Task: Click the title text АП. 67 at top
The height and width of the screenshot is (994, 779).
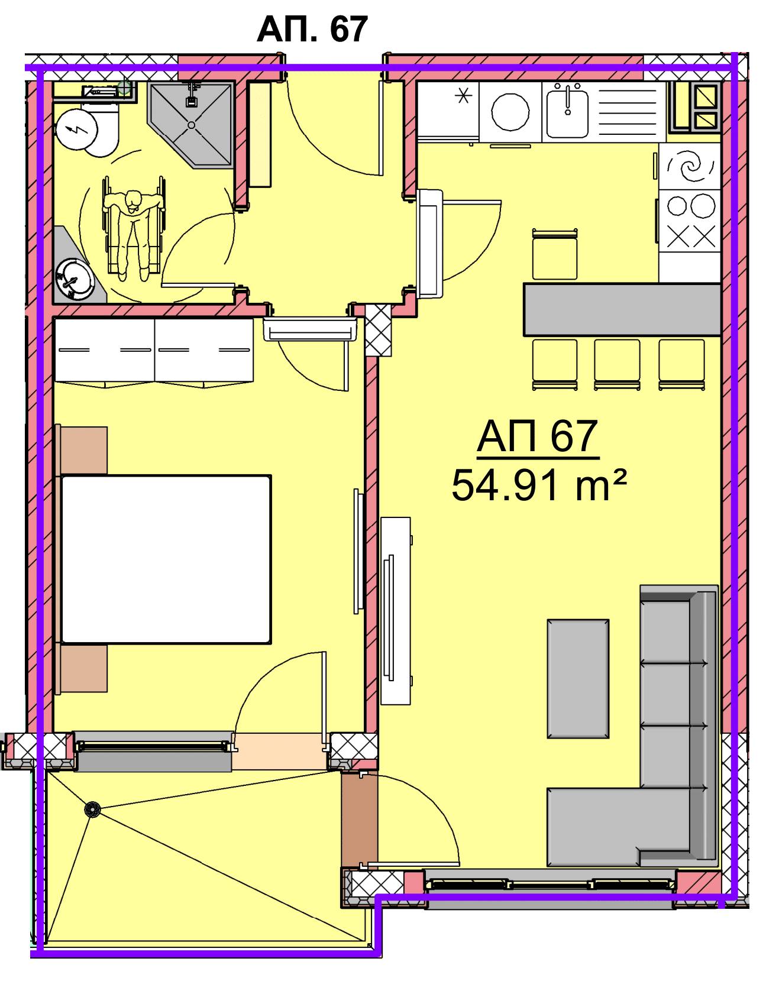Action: tap(312, 29)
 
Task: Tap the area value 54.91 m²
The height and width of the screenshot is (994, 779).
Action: tap(538, 485)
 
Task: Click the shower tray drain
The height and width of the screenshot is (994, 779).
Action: tap(191, 125)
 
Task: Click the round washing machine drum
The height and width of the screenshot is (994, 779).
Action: tap(511, 112)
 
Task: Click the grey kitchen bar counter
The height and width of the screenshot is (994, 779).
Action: tap(622, 309)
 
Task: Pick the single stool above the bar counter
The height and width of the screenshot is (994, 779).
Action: tap(554, 254)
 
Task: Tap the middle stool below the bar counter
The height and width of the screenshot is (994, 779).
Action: tap(617, 364)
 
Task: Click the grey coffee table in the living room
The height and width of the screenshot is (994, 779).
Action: tap(578, 679)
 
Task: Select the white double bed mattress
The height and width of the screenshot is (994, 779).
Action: tap(166, 559)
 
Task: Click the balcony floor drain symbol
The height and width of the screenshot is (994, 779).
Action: tap(92, 810)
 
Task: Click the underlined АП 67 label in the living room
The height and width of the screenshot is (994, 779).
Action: tap(538, 437)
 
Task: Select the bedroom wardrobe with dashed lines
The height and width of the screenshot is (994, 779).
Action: tap(154, 351)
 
